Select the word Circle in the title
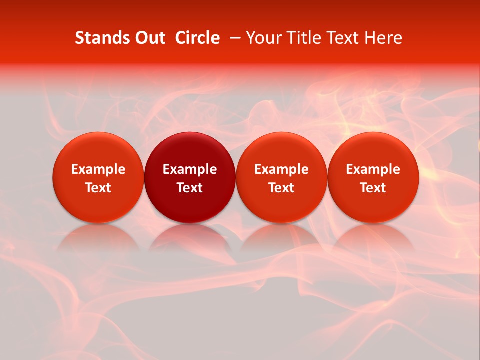pyautogui.click(x=197, y=38)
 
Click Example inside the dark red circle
pyautogui.click(x=190, y=169)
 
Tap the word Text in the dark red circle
pyautogui.click(x=190, y=188)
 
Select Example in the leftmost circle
pyautogui.click(x=98, y=169)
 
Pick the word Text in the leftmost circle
pyautogui.click(x=98, y=188)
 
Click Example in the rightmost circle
pyautogui.click(x=373, y=169)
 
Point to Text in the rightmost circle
pyautogui.click(x=373, y=188)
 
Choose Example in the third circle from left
pyautogui.click(x=281, y=169)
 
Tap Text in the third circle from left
pyautogui.click(x=281, y=188)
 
